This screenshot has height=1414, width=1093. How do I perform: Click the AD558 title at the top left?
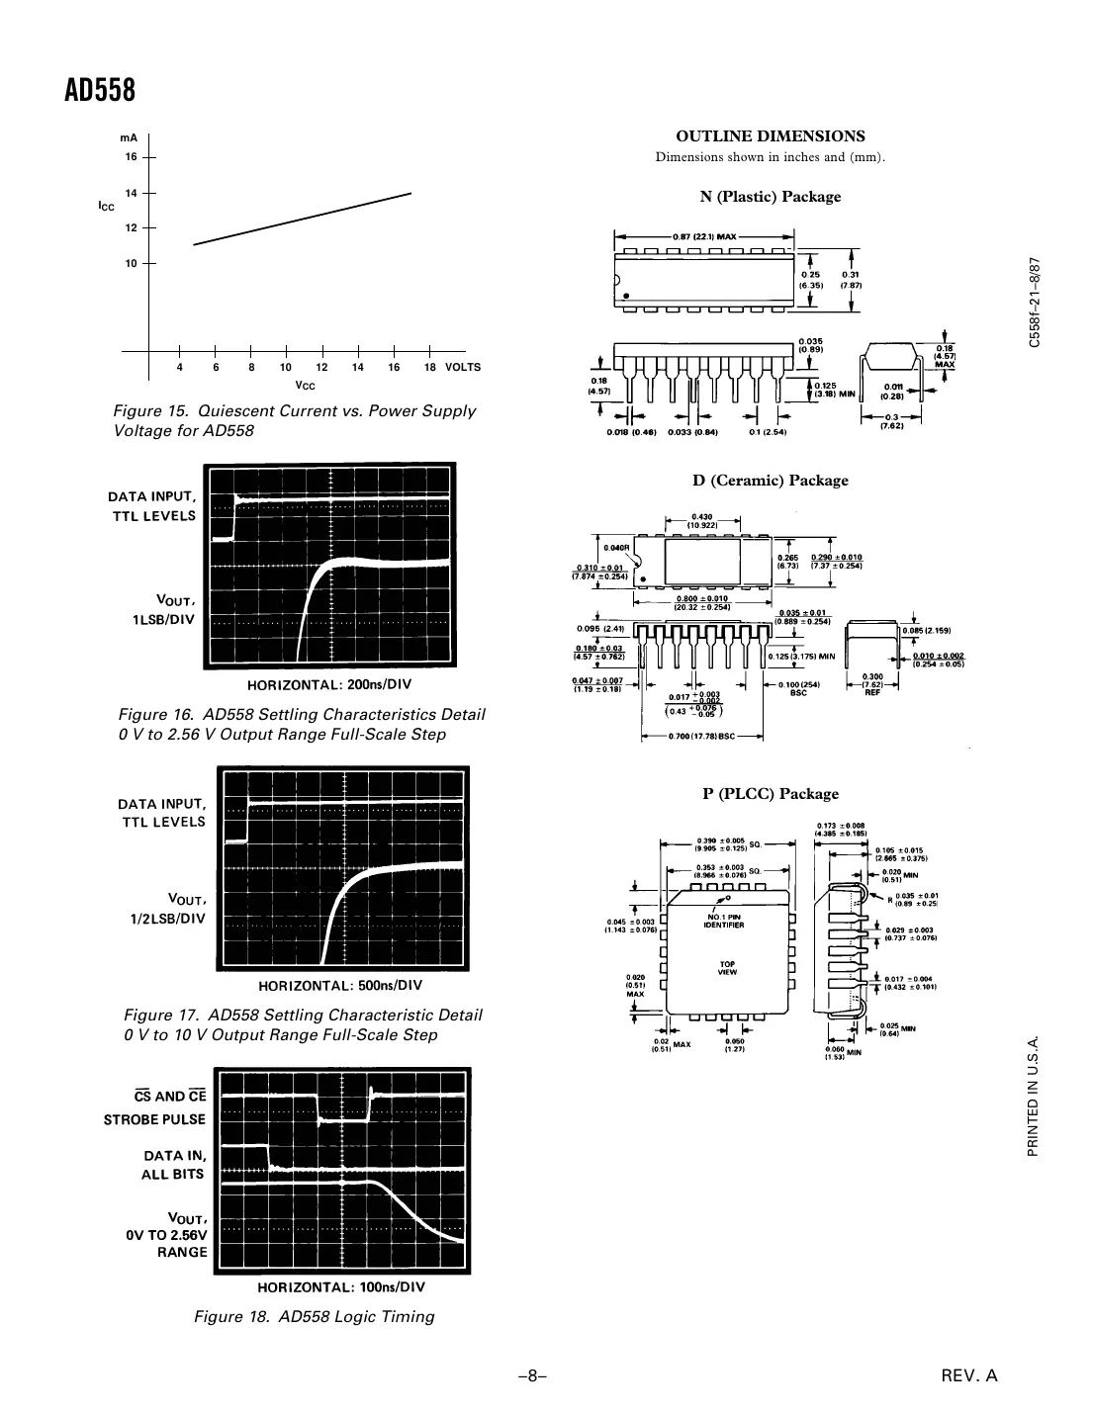tap(100, 91)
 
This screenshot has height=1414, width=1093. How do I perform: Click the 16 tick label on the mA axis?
tap(131, 157)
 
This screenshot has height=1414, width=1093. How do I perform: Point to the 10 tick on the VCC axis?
tap(286, 367)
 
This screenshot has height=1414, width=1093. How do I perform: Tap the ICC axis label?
tap(106, 207)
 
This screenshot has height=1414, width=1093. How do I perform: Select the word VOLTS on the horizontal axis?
tap(463, 367)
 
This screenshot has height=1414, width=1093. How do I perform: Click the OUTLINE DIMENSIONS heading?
tap(770, 136)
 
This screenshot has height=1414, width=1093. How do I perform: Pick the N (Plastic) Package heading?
tap(770, 197)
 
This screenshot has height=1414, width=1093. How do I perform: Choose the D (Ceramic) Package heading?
tap(770, 481)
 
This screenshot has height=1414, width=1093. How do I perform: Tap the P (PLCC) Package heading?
tap(770, 794)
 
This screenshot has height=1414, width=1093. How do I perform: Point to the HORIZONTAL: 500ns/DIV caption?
tap(340, 985)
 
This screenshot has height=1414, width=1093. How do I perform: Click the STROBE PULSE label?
tap(154, 1119)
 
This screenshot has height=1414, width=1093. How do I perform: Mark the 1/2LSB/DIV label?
tap(168, 919)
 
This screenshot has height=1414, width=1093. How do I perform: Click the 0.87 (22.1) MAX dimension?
tap(704, 237)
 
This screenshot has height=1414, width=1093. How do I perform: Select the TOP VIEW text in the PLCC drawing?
tap(727, 968)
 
